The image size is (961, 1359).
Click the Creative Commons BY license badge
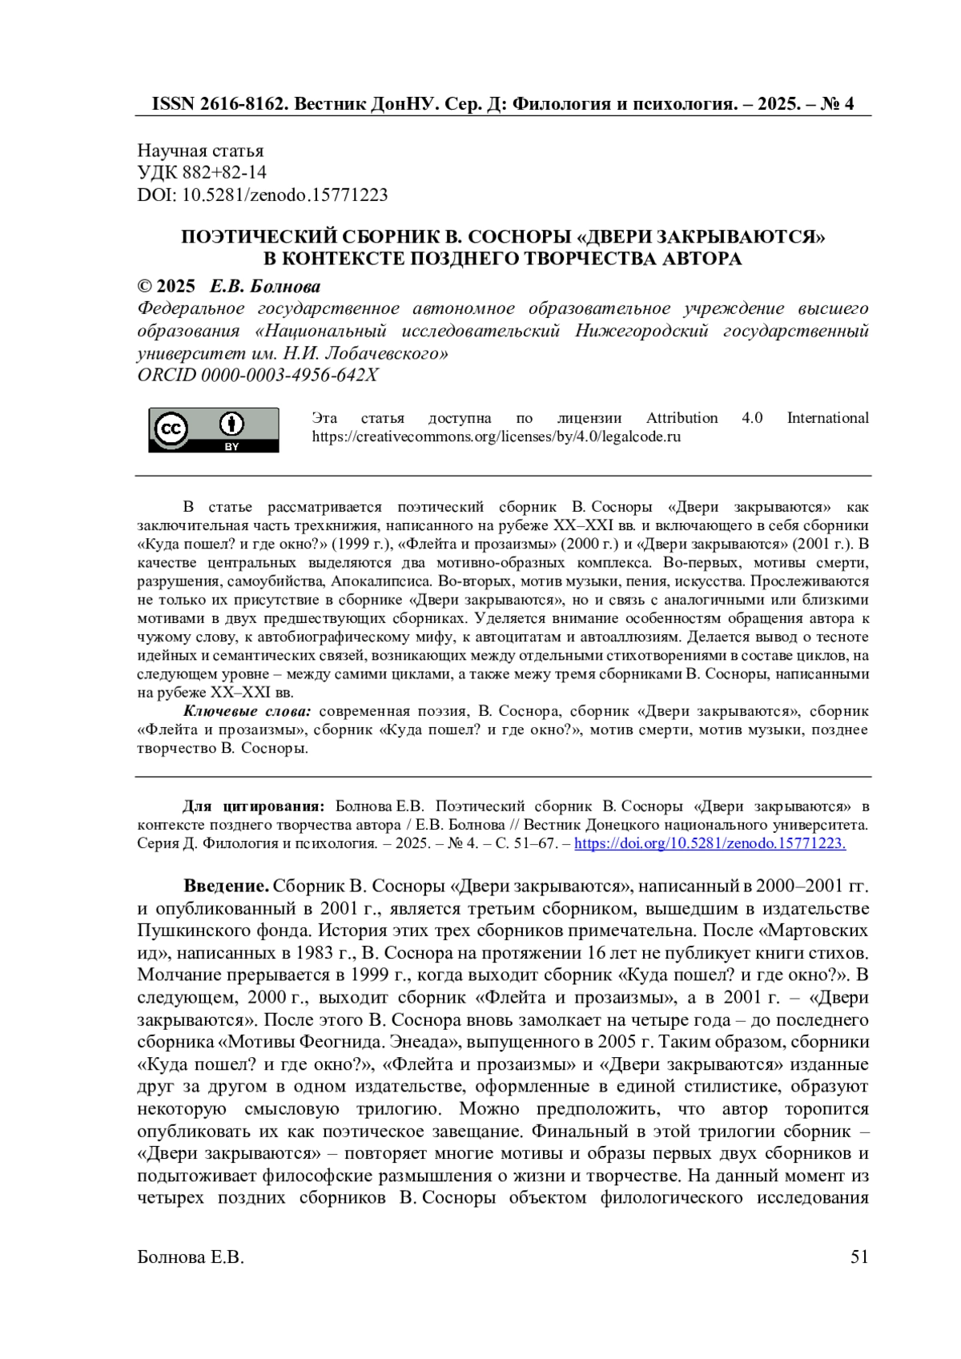coord(213,430)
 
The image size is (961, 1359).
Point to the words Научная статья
coord(200,151)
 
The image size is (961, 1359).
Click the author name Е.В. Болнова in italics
coord(265,287)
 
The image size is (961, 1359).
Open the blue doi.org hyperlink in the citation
coord(710,843)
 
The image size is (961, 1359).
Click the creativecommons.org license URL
coord(496,437)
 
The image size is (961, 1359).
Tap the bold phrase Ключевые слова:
coord(247,711)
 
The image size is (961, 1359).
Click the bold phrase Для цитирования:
coord(254,806)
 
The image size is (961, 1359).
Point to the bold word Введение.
coord(227,887)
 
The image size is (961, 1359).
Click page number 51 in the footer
coord(859,1257)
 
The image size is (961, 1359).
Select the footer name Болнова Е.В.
coord(191,1257)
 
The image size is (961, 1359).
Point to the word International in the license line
coord(827,418)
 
